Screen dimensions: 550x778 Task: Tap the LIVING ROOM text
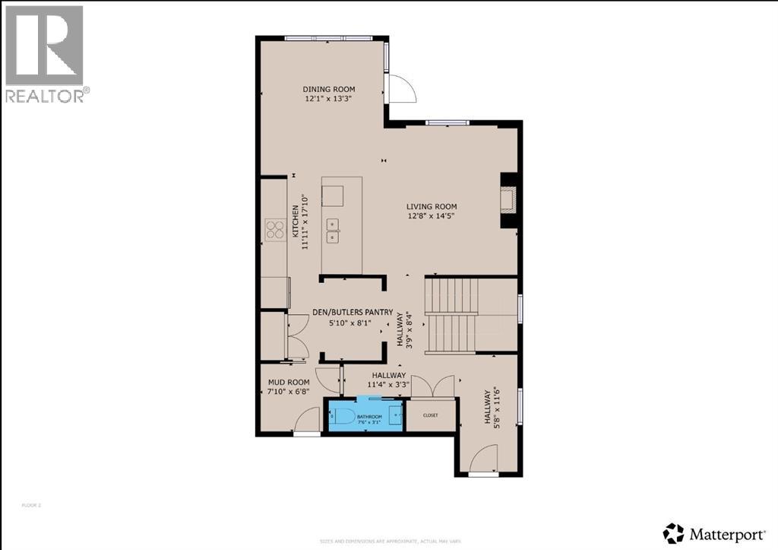point(431,206)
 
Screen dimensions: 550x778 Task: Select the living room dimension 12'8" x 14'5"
point(431,216)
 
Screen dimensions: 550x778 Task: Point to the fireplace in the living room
point(509,200)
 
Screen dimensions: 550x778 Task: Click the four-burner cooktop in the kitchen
point(274,229)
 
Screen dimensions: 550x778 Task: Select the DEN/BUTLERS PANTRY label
point(353,312)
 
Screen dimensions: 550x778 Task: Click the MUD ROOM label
point(288,382)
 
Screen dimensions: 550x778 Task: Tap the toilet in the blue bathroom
point(341,416)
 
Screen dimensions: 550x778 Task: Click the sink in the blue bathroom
point(395,415)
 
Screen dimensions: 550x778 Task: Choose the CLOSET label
point(431,415)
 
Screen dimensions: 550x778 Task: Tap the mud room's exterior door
point(307,420)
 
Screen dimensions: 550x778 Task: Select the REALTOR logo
point(46,53)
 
